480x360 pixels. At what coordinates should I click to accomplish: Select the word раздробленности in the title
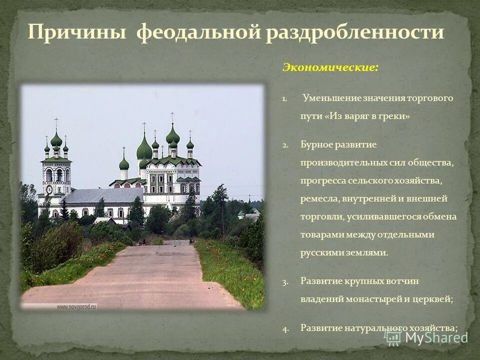coord(355,32)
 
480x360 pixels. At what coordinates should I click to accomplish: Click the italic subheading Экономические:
coord(330,67)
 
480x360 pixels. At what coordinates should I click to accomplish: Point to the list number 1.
coord(284,98)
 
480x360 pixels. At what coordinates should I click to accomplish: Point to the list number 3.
coord(284,281)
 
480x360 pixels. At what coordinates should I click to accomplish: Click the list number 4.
coord(284,328)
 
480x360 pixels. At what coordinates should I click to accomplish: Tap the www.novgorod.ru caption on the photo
coord(76,306)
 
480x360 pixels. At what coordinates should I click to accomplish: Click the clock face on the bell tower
coord(49,189)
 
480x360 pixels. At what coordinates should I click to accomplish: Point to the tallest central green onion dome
coord(172,135)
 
